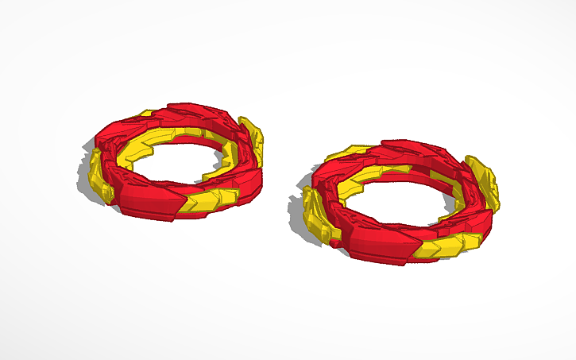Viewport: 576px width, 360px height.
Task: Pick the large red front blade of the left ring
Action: (151, 199)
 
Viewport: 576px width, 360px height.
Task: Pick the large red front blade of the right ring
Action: (373, 242)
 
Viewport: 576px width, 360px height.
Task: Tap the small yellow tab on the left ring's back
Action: (147, 114)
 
